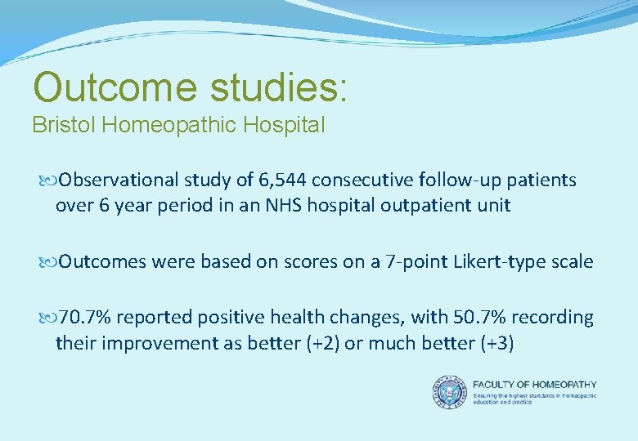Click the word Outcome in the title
click(x=115, y=87)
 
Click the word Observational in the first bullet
click(x=115, y=180)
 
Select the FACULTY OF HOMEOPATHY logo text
click(x=535, y=385)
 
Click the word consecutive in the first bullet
click(x=362, y=180)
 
